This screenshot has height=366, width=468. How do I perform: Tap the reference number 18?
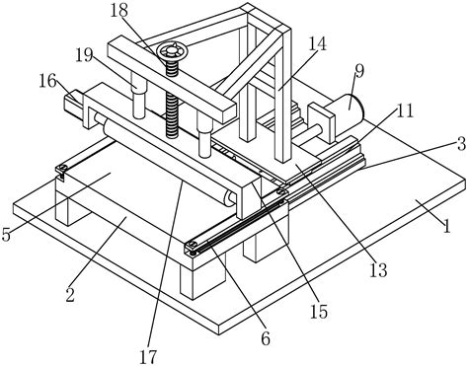(118, 10)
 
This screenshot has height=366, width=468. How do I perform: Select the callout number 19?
(84, 55)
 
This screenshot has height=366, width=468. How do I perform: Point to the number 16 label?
(47, 81)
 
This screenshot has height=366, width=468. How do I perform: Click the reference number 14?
(317, 43)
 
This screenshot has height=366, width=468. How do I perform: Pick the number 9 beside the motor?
(359, 71)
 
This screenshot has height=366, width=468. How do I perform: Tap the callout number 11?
(404, 111)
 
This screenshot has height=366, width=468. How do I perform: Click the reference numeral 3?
(461, 144)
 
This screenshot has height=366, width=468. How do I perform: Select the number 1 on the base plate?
(446, 226)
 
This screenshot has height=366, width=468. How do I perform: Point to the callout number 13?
(378, 270)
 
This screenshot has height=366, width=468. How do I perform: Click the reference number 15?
(319, 311)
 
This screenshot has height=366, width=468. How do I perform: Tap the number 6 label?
(266, 338)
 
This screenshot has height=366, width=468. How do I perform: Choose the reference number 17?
(148, 356)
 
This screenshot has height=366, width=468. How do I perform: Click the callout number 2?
(70, 294)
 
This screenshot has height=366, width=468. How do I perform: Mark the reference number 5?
(6, 234)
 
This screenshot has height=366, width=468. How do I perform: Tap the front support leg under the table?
(201, 279)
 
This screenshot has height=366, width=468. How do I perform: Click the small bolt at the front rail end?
(192, 244)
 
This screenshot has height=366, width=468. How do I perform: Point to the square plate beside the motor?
(321, 123)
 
